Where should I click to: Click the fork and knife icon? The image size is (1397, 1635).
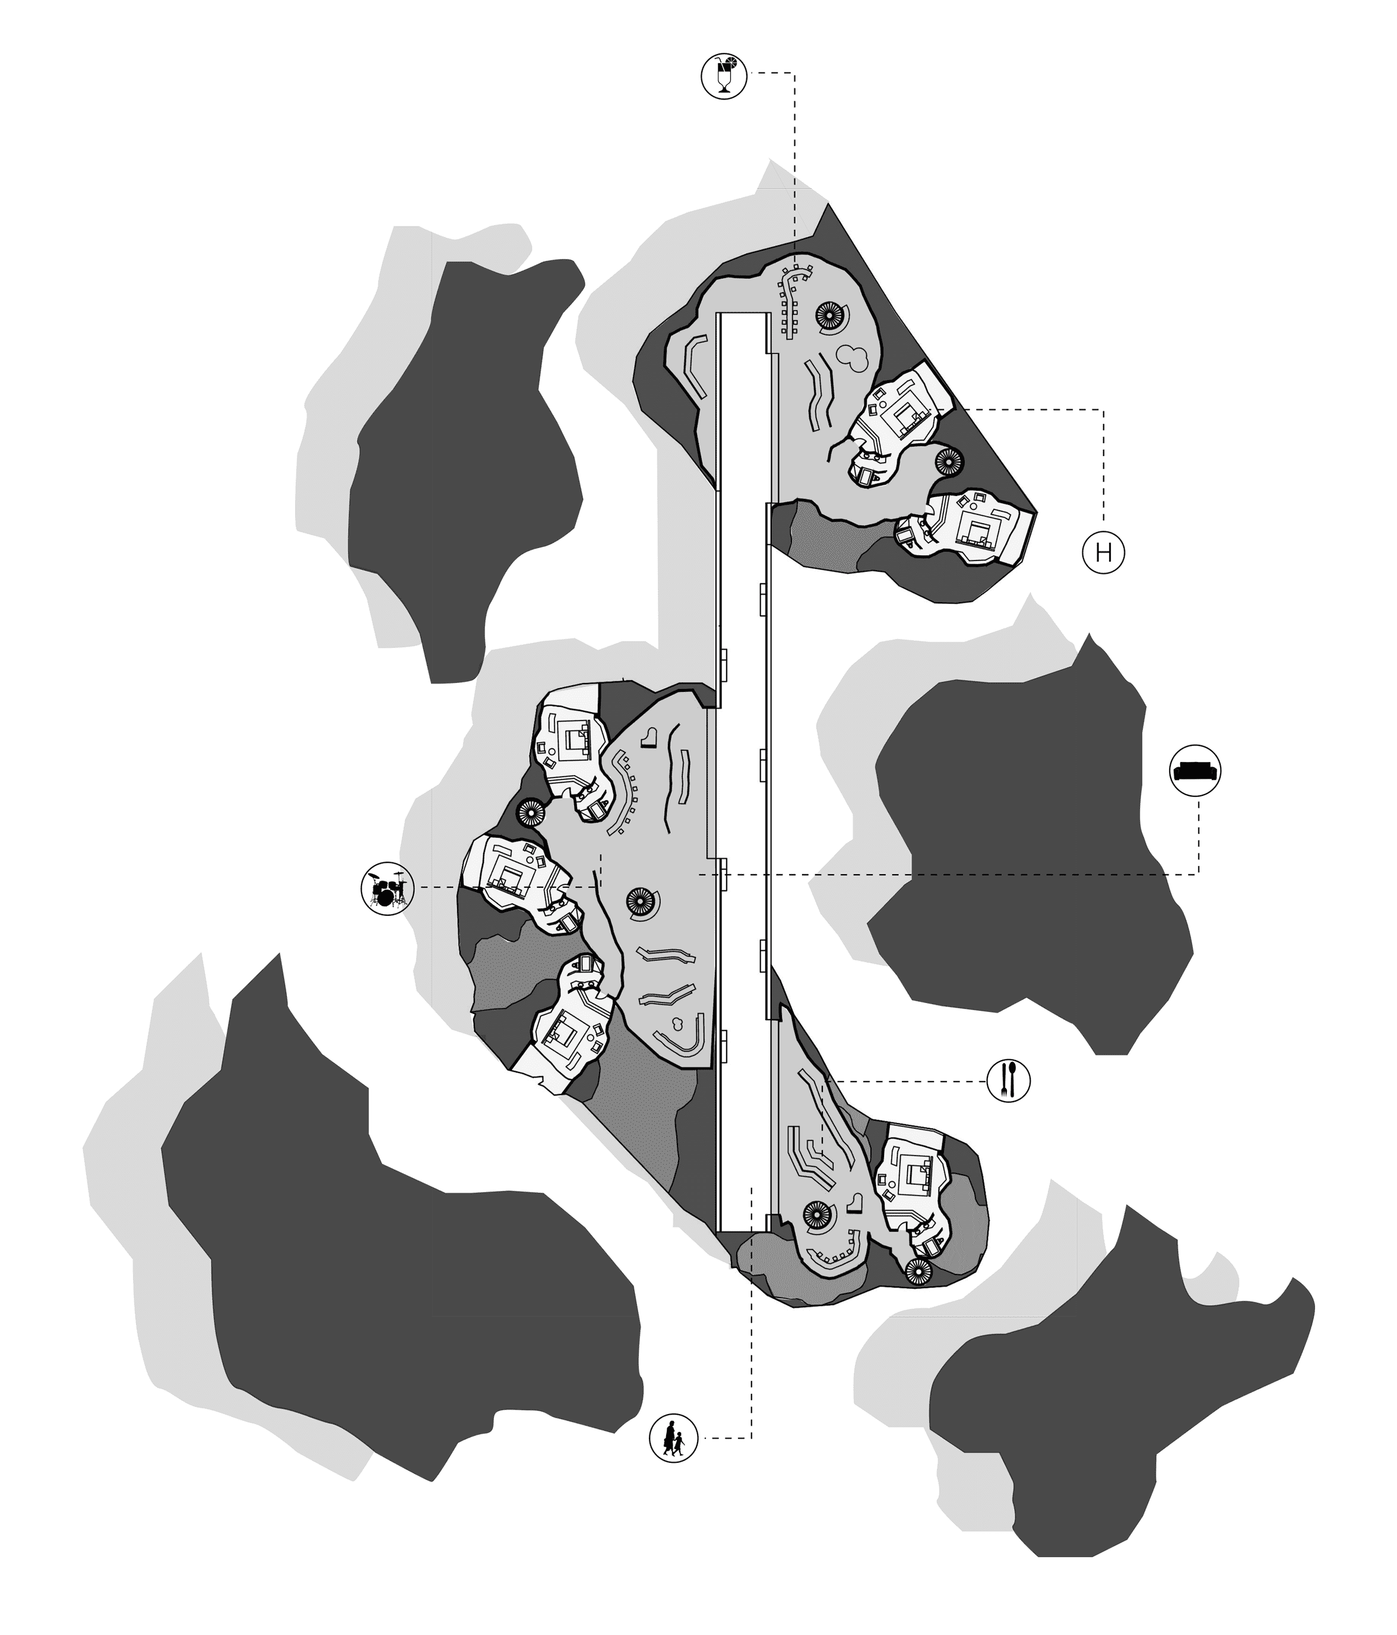[x=1009, y=1080]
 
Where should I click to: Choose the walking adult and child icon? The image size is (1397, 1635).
[x=674, y=1438]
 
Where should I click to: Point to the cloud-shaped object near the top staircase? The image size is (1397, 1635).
[x=853, y=357]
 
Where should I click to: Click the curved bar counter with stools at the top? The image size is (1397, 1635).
[x=792, y=301]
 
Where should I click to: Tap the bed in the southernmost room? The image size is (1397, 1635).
[x=917, y=1177]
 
